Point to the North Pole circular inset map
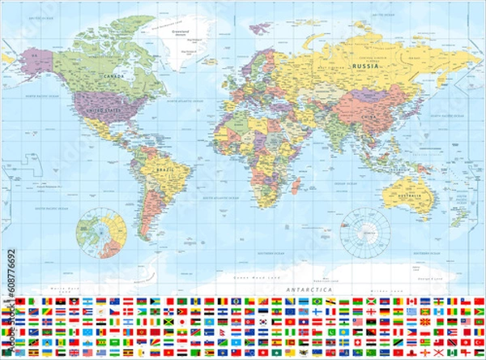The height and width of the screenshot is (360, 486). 101,232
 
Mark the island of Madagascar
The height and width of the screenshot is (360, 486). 296,186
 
